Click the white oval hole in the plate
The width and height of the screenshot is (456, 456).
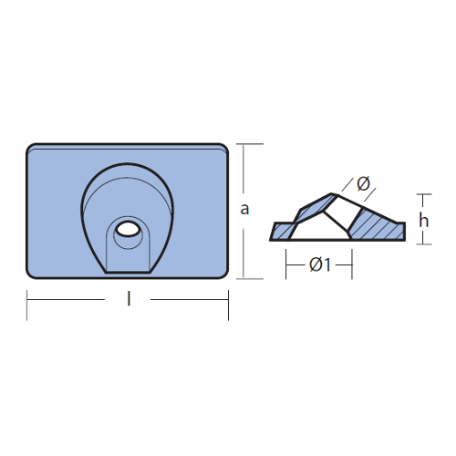pos(128,229)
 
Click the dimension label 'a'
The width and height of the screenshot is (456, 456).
pos(244,210)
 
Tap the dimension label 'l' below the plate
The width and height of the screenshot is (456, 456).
pos(129,298)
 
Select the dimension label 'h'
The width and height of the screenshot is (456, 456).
pos(423,220)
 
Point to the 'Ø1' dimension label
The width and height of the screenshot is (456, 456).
pos(320,264)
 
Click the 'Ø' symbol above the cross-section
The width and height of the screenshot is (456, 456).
pos(363,183)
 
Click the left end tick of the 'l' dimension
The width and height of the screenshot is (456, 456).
pos(27,306)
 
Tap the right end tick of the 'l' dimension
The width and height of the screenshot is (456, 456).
pos(228,306)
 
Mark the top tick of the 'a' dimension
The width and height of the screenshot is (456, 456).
pos(250,144)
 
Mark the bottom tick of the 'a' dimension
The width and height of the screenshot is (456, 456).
pos(250,278)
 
